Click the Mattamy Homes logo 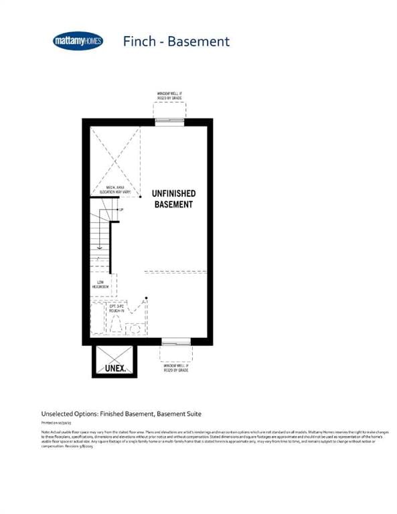[79, 41]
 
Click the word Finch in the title [140, 41]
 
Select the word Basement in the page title [198, 41]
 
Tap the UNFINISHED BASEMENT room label [173, 198]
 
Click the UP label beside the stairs [121, 210]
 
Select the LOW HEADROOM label [100, 284]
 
